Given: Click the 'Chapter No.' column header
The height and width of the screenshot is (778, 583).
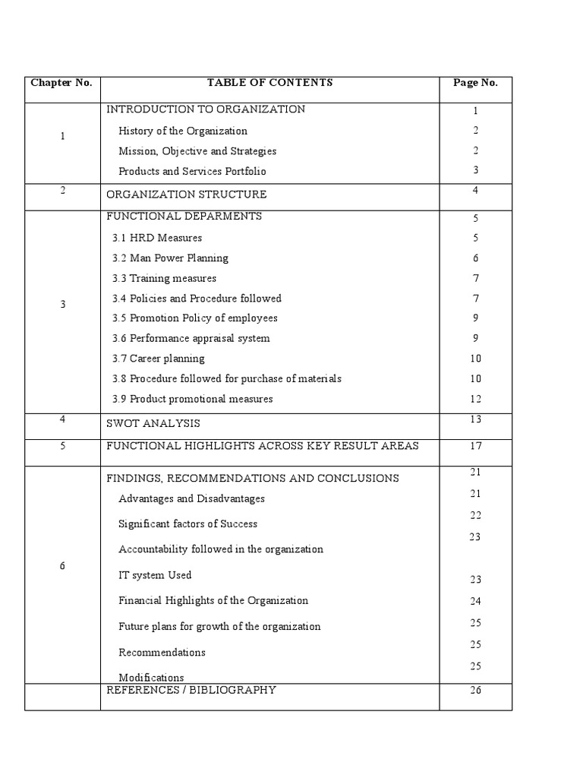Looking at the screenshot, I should (61, 83).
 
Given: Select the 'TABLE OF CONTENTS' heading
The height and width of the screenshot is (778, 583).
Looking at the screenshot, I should (269, 83).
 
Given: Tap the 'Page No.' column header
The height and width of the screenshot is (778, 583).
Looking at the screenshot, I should (475, 83).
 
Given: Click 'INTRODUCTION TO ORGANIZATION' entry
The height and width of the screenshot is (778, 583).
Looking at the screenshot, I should (206, 109).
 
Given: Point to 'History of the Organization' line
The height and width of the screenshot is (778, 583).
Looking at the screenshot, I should (183, 131).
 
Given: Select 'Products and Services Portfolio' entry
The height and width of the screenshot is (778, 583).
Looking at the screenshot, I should (192, 171).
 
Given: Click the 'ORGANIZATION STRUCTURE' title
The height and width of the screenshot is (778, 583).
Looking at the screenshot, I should (187, 194).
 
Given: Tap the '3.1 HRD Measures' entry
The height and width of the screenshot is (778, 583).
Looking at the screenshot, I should (157, 238).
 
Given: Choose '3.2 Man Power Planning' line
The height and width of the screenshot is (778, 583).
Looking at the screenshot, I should (170, 258).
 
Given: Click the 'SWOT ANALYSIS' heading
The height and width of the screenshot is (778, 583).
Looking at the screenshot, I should (153, 423).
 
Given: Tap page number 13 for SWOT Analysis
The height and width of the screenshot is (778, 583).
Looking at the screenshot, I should (476, 419).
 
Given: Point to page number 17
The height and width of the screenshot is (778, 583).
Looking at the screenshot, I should (476, 446).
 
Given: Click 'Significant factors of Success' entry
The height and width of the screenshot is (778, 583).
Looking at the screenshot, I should (188, 524).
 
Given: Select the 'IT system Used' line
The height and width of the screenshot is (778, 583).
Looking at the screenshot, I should (155, 575).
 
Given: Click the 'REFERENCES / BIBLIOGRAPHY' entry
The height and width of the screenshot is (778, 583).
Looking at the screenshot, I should (191, 690).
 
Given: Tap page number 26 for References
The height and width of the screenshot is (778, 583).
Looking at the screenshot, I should (476, 691).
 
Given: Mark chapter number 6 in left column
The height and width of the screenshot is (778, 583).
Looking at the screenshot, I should (62, 567).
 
